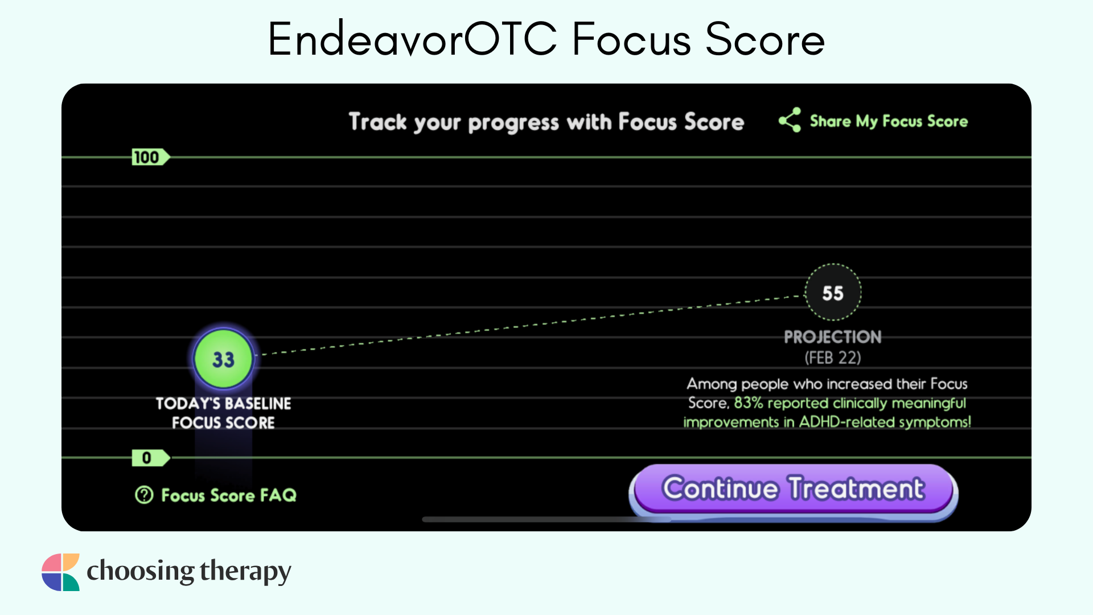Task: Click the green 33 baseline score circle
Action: tap(223, 359)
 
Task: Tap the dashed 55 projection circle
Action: tap(833, 293)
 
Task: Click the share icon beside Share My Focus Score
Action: tap(790, 120)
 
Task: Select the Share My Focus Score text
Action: tap(889, 121)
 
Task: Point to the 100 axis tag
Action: tap(150, 157)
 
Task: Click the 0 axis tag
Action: tap(150, 458)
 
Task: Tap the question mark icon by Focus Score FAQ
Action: tap(144, 495)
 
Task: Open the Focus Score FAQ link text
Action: tap(229, 495)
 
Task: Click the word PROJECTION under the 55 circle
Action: tap(832, 337)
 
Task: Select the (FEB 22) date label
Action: tap(832, 358)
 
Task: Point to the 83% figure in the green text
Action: tap(748, 403)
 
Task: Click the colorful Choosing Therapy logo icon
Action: tap(60, 572)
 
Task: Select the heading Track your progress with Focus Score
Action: tap(546, 122)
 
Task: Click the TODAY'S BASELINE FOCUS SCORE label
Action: tap(223, 413)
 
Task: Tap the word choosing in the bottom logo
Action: tap(141, 572)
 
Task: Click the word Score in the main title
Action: tap(765, 39)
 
